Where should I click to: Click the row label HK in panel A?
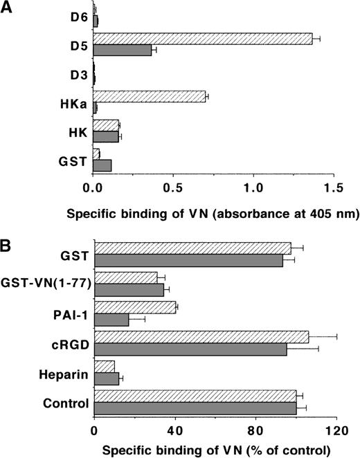pyautogui.click(x=78, y=131)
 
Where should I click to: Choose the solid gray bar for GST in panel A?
pyautogui.click(x=102, y=166)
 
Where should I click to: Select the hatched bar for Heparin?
pyautogui.click(x=104, y=367)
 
